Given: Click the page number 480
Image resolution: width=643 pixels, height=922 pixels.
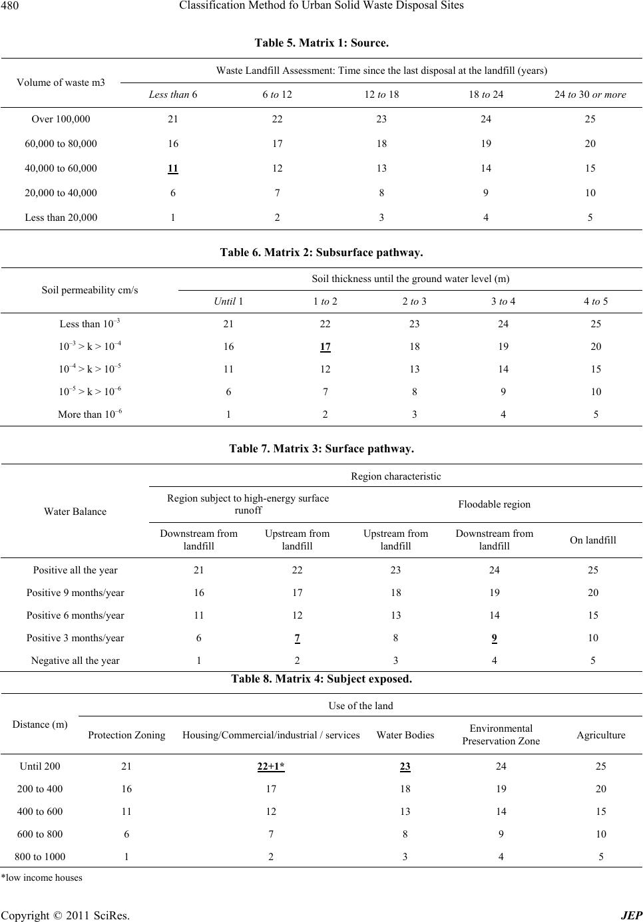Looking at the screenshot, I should coord(13,6).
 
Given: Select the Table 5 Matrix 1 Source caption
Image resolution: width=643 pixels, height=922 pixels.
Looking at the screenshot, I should coord(321,43).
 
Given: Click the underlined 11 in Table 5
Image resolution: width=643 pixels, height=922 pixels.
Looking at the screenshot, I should coord(172,168).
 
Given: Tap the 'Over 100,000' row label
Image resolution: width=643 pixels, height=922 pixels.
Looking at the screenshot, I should coord(61,120).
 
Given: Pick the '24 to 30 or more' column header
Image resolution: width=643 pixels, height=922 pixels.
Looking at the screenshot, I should coord(590,94).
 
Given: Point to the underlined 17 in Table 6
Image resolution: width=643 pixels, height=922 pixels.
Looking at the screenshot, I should coord(325,347).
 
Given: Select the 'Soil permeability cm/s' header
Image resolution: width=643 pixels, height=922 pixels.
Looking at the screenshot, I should coord(90,290).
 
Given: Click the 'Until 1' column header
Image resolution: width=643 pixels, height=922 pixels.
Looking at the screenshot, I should coord(228,301).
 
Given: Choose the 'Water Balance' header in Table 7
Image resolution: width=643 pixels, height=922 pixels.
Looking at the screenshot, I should coord(75,512).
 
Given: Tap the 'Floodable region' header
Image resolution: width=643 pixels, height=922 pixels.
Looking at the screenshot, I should coord(495,504).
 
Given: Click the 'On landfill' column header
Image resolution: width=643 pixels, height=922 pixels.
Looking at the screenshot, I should coord(592,540).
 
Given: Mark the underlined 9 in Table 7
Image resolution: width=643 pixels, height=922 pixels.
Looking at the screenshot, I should coord(494,638).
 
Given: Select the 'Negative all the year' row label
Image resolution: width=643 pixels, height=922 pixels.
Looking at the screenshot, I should coord(75,661).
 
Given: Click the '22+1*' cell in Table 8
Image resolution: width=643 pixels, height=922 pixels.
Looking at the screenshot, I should coord(271,766).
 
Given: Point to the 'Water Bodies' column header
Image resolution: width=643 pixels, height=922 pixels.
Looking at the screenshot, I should coord(405,735).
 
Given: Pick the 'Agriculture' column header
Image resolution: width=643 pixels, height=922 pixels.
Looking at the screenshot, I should coord(600,735).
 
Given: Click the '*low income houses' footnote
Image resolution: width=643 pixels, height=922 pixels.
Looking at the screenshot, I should coord(41,878).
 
